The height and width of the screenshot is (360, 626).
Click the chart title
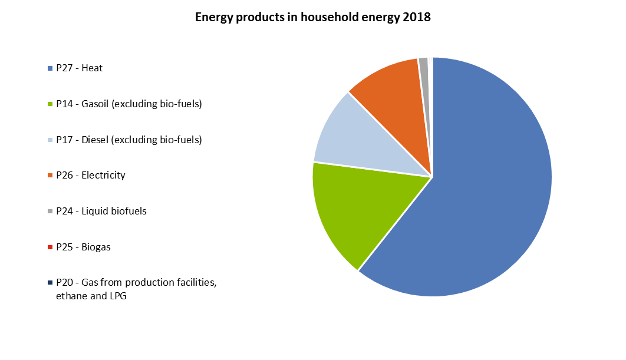(312, 17)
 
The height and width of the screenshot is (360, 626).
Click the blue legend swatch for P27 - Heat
(50, 69)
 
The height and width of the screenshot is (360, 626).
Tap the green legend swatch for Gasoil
(50, 104)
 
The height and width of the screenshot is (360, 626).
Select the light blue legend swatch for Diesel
(50, 140)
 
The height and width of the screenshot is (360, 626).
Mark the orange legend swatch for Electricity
(50, 176)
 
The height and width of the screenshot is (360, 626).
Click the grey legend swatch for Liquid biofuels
(50, 212)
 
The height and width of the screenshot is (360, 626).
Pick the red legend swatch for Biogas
(50, 247)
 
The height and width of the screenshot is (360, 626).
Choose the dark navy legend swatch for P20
(50, 283)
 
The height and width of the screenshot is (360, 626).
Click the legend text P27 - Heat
(79, 68)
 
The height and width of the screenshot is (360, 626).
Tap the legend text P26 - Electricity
(91, 175)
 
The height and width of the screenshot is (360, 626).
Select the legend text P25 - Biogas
(83, 247)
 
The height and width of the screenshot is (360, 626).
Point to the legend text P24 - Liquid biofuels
(101, 211)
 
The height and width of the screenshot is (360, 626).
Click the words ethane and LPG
(91, 296)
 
